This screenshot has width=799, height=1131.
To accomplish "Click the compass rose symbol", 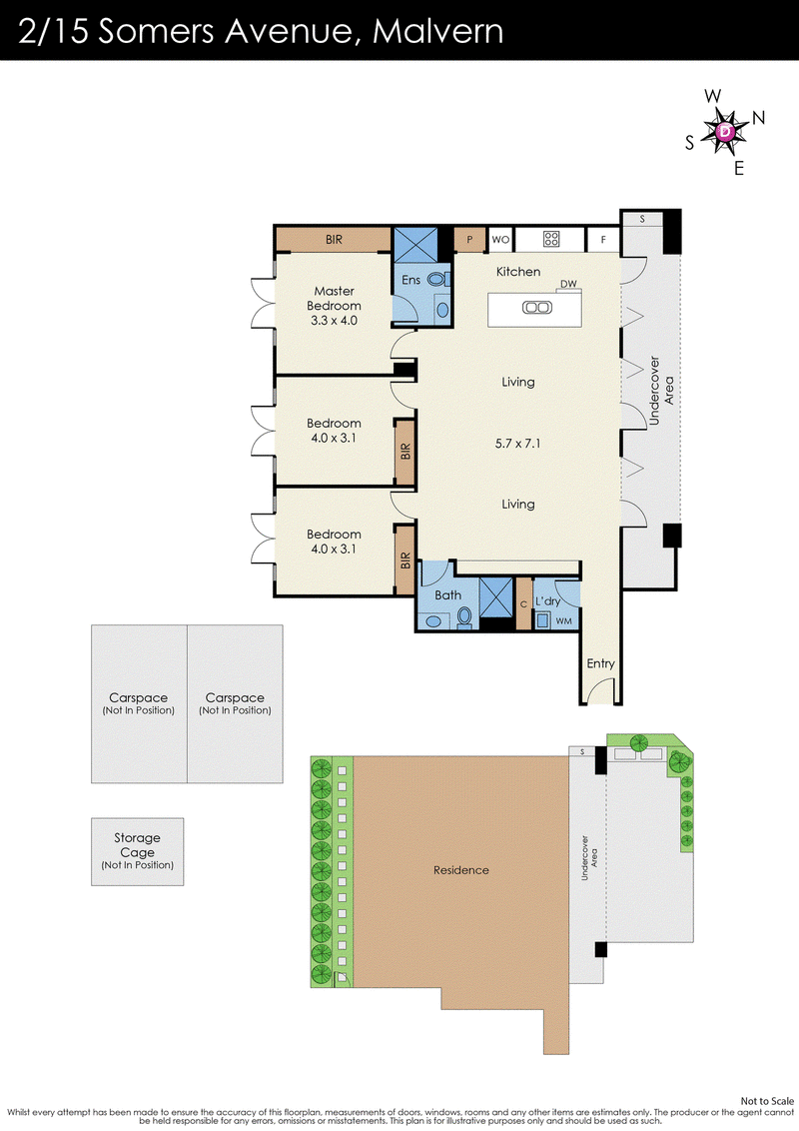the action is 725,131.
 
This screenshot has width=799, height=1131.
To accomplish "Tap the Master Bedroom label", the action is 334,298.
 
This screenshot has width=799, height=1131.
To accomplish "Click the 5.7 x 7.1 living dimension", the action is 517,444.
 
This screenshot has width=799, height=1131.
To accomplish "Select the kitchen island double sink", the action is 537,308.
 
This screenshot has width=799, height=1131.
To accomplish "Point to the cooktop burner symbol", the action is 551,239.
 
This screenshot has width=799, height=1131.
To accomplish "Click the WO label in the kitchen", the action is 500,240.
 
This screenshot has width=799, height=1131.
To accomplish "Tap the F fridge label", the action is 603,240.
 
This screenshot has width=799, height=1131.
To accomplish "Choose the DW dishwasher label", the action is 569,284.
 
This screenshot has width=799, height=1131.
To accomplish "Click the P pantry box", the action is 469,240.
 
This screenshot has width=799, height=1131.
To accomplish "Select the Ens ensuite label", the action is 411,280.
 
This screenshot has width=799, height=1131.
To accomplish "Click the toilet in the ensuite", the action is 436,279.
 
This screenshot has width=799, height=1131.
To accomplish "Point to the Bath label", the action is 447,595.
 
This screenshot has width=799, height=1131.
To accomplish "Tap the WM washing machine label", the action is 564,621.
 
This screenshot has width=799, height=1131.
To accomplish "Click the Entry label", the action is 600,663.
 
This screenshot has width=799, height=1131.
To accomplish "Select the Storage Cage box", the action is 138,852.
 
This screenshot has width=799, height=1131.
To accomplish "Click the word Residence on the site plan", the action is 460,870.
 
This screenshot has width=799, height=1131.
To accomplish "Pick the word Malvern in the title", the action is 437,31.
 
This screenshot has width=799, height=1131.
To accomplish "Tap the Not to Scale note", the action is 767,1101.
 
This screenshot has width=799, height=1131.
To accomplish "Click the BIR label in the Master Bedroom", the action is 334,240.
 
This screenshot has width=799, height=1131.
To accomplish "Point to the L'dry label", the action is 548,600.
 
